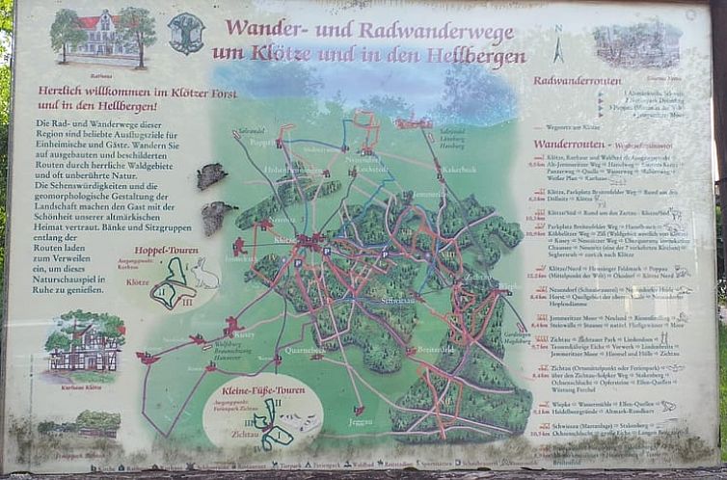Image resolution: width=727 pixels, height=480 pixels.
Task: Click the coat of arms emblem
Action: click(x=185, y=34)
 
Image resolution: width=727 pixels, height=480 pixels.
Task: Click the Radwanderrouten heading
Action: click(x=577, y=81)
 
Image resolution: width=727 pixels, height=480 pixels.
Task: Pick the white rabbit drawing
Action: click(x=203, y=275)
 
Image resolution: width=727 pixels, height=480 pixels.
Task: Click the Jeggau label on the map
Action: click(x=360, y=420)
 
